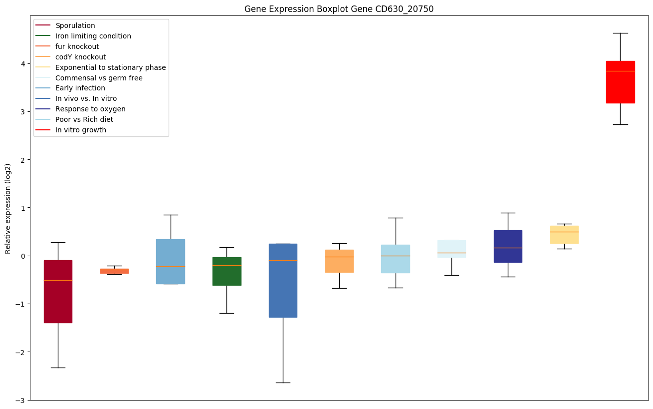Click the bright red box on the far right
[620, 82]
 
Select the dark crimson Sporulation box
[58, 291]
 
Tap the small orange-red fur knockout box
[114, 271]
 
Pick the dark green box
[226, 271]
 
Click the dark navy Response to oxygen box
[508, 246]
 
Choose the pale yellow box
[564, 234]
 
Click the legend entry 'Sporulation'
[75, 25]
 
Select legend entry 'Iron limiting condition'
[93, 36]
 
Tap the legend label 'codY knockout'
[81, 57]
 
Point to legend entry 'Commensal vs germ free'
[99, 78]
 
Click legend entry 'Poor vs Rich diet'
[84, 119]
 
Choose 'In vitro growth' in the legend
[81, 130]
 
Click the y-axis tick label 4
[22, 63]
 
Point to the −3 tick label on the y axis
[20, 400]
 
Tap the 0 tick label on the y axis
[22, 256]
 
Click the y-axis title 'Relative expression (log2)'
[8, 208]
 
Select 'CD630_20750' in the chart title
[404, 9]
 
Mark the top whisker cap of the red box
[620, 33]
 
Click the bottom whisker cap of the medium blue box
[283, 383]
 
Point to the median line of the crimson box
[58, 280]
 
